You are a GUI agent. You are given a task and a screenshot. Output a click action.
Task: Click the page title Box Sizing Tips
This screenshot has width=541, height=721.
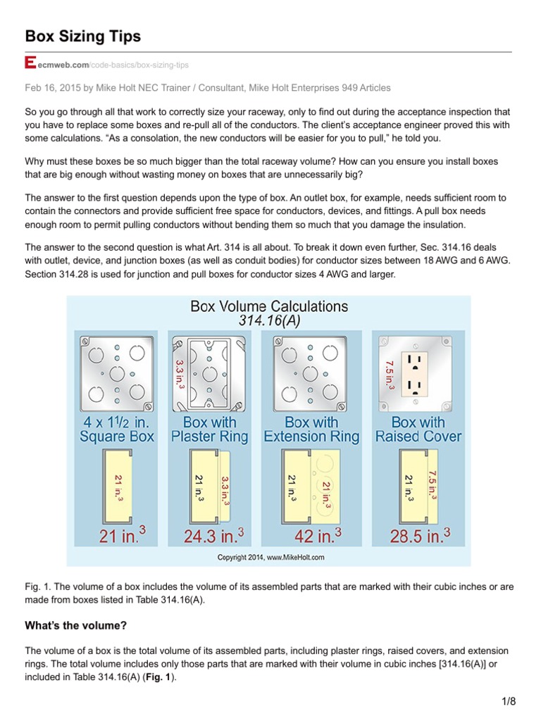[x=82, y=36]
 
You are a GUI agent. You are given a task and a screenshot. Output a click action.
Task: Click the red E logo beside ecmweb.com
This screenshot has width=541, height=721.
[x=30, y=64]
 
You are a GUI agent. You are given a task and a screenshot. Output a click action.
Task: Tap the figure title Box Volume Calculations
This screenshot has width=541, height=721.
[x=269, y=306]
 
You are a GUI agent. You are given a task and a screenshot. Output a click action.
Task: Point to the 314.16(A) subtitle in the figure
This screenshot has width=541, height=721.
[x=269, y=320]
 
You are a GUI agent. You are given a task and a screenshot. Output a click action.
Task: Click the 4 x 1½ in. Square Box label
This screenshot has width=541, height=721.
[x=118, y=429]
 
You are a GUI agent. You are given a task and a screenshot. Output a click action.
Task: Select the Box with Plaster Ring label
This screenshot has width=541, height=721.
[x=209, y=429]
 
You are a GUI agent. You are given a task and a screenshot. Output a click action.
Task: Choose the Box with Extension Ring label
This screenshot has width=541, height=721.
[x=311, y=429]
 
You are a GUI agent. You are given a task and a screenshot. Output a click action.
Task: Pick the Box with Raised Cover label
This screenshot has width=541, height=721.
[x=417, y=429]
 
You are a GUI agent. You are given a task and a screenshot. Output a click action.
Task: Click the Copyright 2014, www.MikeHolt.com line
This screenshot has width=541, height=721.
[x=269, y=557]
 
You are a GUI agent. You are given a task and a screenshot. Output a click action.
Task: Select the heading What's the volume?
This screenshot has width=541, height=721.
[x=75, y=625]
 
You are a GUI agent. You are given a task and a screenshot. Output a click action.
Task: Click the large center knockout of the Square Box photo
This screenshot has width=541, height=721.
[x=118, y=372]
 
